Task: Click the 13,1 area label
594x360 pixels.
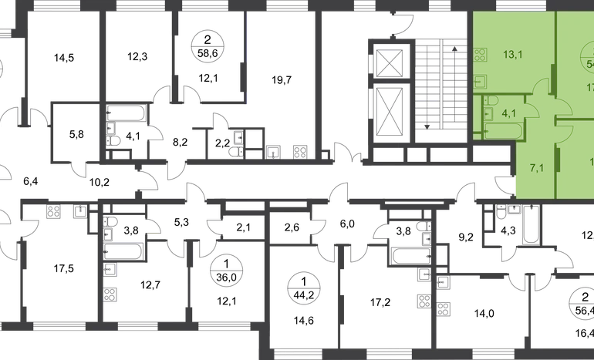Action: click(508, 54)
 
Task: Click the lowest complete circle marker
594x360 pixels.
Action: click(300, 289)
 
